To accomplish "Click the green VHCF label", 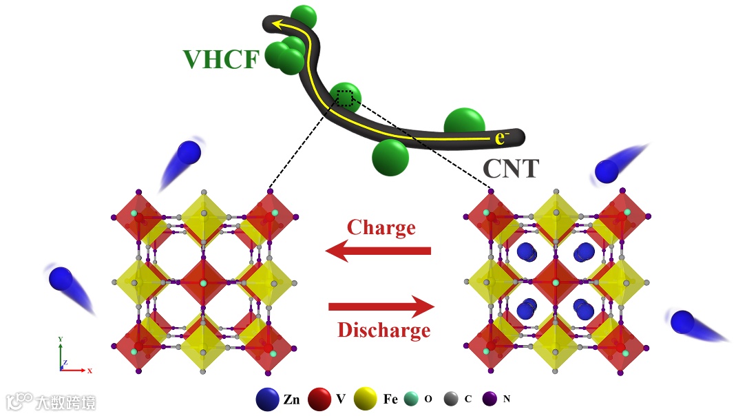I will coord(220,59).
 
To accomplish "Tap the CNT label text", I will coord(510,167).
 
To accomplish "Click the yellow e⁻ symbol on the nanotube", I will coord(502,137).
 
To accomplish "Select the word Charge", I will coord(381,227).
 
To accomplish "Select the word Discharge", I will coord(383,330).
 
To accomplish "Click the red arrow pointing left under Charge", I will coord(378,251).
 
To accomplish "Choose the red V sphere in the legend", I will coord(321,399).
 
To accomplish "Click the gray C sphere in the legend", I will coord(451,399).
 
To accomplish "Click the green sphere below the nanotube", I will coord(390,158).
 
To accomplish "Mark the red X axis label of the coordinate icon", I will coord(90,371).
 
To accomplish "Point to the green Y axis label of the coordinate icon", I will coord(61,340).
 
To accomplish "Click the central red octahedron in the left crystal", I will coord(203,283).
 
